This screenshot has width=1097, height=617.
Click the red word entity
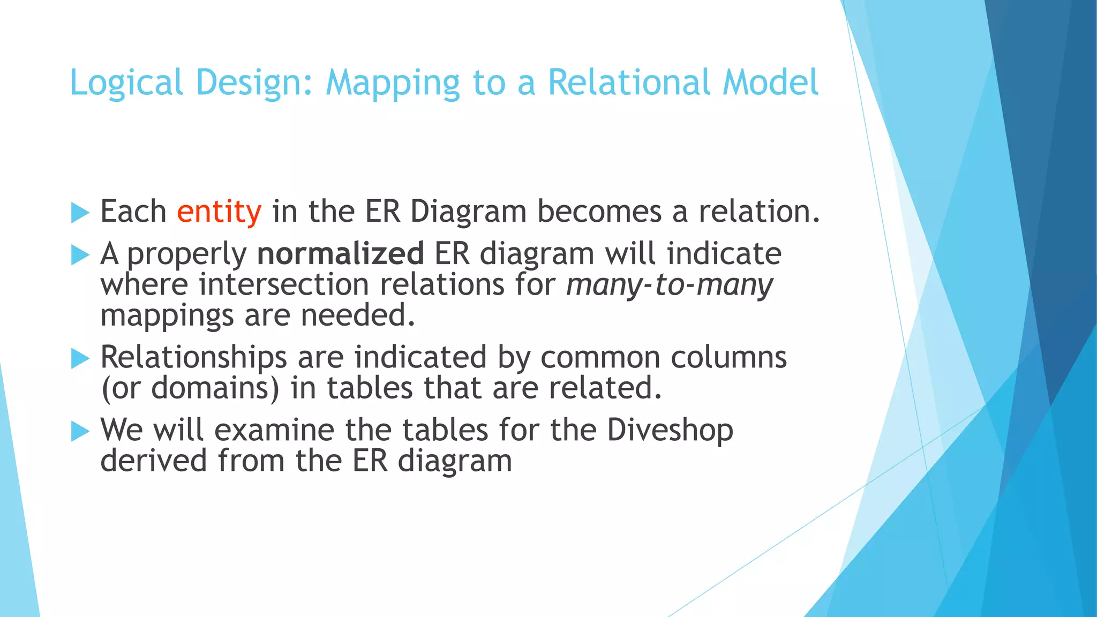click(x=219, y=212)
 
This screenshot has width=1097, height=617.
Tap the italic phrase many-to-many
click(x=670, y=284)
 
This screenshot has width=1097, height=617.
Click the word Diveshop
click(x=670, y=430)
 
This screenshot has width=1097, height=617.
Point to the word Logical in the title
click(x=126, y=83)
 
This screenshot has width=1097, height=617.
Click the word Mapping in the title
click(x=393, y=83)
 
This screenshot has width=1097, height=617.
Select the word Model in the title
click(x=770, y=83)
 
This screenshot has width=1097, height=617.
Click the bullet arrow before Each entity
click(x=80, y=213)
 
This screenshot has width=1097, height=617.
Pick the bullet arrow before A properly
click(x=80, y=255)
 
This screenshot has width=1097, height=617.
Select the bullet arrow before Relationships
click(x=80, y=358)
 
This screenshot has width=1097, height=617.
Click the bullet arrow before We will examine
click(x=80, y=431)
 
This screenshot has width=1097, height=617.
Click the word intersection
click(x=284, y=284)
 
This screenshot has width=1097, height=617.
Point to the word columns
click(x=728, y=357)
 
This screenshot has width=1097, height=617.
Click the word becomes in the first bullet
click(x=599, y=212)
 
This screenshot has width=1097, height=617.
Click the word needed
click(x=358, y=315)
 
